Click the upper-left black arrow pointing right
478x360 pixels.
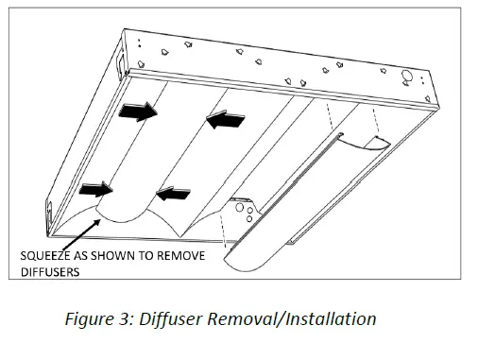pyautogui.click(x=137, y=112)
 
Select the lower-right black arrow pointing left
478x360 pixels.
pyautogui.click(x=171, y=195)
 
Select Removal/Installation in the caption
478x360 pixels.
pyautogui.click(x=301, y=318)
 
